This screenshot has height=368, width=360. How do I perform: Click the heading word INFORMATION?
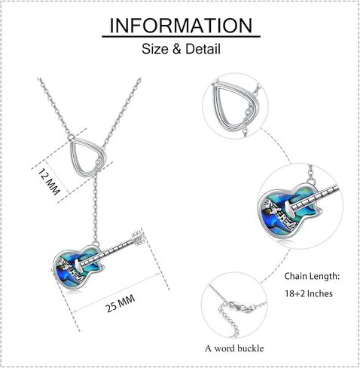pyautogui.click(x=181, y=25)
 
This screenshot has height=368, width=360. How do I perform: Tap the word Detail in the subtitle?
pyautogui.click(x=203, y=49)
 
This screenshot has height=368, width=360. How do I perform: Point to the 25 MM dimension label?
pyautogui.click(x=121, y=303)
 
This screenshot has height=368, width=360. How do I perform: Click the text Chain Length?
pyautogui.click(x=312, y=276)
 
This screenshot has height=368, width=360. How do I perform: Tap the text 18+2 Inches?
pyautogui.click(x=309, y=293)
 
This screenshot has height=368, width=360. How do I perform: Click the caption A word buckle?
pyautogui.click(x=234, y=348)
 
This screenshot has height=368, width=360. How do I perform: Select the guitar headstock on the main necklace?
pyautogui.click(x=139, y=238)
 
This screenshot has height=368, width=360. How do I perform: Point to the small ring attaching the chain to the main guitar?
pyautogui.click(x=96, y=244)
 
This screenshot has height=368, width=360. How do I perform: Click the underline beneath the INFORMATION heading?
pyautogui.click(x=181, y=37)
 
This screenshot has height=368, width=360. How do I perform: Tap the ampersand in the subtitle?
pyautogui.click(x=177, y=49)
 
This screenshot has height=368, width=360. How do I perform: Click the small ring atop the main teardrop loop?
pyautogui.click(x=72, y=137)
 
